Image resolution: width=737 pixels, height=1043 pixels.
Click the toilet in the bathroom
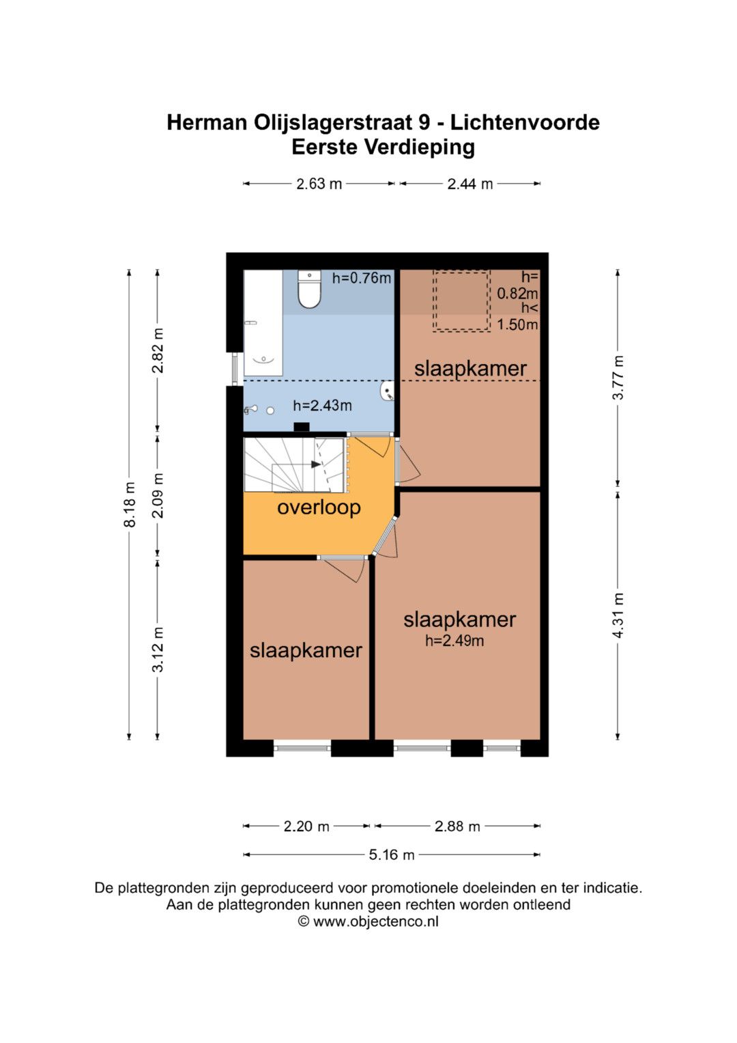(x=309, y=289)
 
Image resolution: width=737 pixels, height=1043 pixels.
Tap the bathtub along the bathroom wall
(x=263, y=322)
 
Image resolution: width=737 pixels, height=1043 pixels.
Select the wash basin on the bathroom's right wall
(x=388, y=391)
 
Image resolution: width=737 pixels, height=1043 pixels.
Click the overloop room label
(x=319, y=507)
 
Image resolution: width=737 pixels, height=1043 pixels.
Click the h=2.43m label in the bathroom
(x=322, y=406)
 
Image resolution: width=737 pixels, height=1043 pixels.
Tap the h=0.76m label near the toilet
(x=362, y=279)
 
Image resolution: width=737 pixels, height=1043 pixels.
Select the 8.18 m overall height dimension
(x=130, y=505)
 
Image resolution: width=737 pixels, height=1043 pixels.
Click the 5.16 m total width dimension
(x=391, y=855)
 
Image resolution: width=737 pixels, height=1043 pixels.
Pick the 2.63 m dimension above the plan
(x=319, y=184)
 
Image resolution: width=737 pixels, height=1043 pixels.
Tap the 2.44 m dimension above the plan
(x=470, y=184)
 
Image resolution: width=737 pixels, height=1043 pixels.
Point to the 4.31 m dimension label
(x=618, y=615)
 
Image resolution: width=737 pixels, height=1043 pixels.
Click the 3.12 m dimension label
(x=158, y=649)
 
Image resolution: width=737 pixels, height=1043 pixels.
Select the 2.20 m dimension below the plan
(x=306, y=826)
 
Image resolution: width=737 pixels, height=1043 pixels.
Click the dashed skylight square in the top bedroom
(x=461, y=301)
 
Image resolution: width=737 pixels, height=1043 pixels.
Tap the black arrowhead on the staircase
(x=316, y=464)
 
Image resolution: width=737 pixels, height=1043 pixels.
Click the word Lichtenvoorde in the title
(x=525, y=122)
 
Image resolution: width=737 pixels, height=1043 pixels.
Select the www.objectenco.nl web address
(x=375, y=921)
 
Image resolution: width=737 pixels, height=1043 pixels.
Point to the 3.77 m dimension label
(x=618, y=378)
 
